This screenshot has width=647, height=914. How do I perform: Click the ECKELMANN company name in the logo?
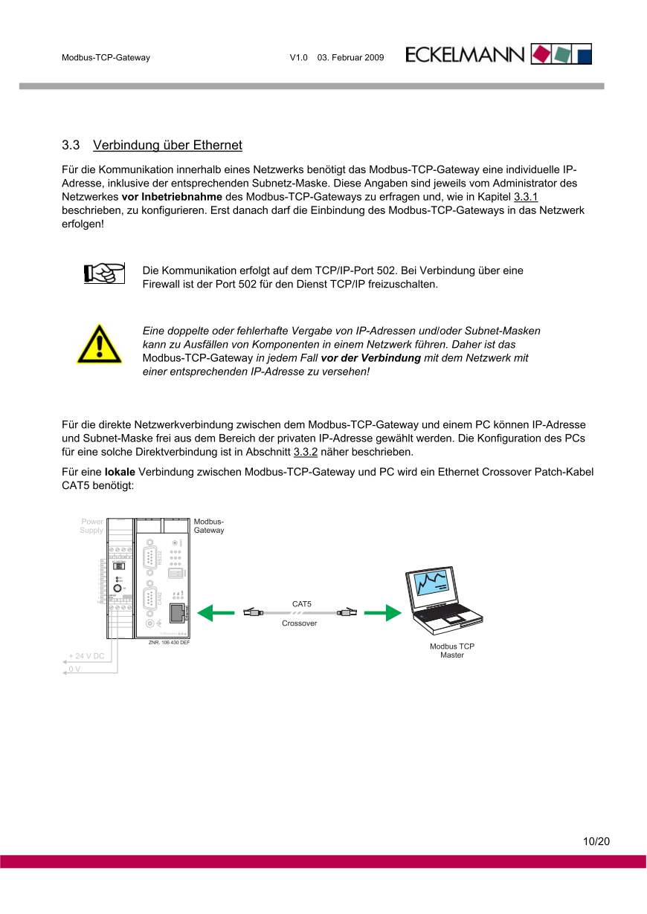pos(466,55)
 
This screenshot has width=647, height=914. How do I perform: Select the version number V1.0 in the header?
pos(298,57)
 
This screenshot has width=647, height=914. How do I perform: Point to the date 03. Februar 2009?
pos(350,57)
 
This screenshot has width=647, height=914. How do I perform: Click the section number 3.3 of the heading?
pos(71,144)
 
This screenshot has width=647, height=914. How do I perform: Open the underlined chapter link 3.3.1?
pos(526,197)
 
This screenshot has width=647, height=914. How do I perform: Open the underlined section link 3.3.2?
pos(306,452)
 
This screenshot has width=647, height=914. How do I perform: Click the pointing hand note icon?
pos(103,273)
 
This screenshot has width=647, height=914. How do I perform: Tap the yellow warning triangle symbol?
pos(99,344)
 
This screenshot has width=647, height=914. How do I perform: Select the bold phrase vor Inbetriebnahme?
pos(172,197)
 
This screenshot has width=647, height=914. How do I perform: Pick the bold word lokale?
pos(120,472)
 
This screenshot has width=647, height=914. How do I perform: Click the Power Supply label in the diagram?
pos(92,526)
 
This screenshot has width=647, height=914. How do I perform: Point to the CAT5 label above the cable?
pos(301,604)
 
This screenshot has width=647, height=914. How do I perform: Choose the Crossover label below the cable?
pos(299,623)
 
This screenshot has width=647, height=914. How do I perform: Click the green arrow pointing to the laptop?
pos(382,613)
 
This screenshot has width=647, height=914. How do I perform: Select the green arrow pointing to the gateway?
pos(216,613)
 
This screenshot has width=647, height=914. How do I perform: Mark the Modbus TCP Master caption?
pos(451,650)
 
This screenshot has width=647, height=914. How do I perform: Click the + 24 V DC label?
pos(86,656)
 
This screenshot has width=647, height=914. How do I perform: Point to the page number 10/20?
pos(596,842)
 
